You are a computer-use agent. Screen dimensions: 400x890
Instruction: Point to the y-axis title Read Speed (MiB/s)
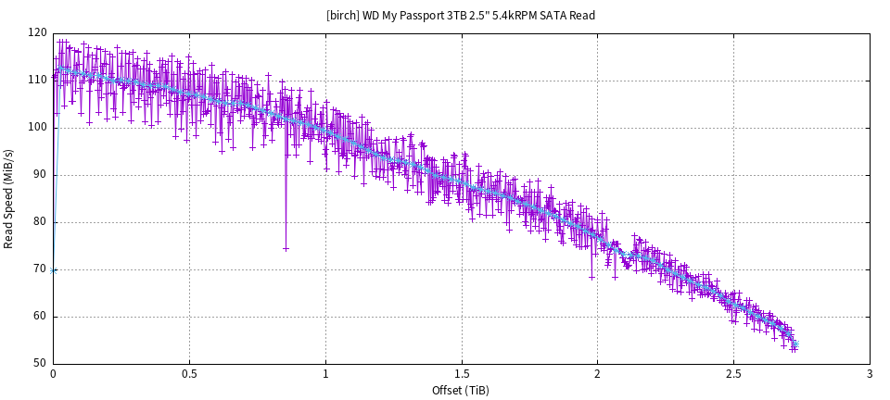(x=9, y=198)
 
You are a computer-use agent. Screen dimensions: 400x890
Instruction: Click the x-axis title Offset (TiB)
(x=461, y=390)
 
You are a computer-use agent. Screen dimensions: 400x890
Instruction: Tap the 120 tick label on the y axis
(x=37, y=32)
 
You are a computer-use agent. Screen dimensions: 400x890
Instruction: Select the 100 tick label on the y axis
(x=37, y=127)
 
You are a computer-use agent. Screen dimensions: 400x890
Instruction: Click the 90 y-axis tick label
(x=40, y=174)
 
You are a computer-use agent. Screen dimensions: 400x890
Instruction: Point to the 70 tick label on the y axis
(x=40, y=269)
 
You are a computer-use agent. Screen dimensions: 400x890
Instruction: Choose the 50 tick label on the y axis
(x=40, y=363)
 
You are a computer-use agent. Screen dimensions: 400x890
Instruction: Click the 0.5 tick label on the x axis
(x=189, y=374)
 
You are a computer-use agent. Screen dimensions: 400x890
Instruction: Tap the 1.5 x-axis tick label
(x=462, y=374)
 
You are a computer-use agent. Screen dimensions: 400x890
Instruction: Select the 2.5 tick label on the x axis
(x=733, y=374)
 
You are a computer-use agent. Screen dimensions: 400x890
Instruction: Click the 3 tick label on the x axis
(x=870, y=374)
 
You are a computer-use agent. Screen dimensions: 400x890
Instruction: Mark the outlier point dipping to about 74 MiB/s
(x=286, y=248)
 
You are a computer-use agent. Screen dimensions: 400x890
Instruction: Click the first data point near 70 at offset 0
(x=54, y=270)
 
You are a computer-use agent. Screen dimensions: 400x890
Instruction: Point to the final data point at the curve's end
(x=795, y=346)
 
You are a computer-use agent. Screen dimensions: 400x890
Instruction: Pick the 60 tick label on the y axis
(x=40, y=316)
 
